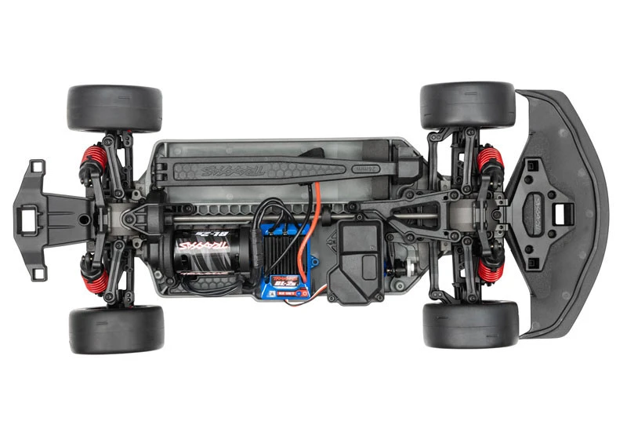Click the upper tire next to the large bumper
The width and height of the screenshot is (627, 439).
(x=467, y=107)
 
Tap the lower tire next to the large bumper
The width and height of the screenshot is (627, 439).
(x=470, y=325)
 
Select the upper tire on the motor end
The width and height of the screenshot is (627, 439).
(x=114, y=107)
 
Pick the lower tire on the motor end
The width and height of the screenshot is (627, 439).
(x=116, y=328)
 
